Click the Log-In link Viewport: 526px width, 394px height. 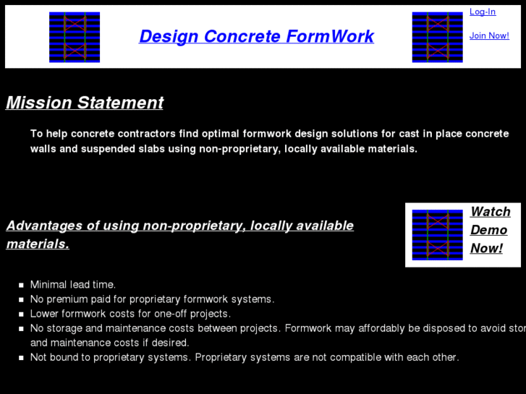point(482,12)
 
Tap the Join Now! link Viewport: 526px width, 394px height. point(489,35)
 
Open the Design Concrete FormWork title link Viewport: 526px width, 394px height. point(256,36)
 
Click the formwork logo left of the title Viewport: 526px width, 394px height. point(75,37)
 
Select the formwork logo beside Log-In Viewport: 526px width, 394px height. point(437,37)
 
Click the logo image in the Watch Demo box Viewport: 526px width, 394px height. point(437,235)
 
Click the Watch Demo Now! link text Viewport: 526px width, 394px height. point(490,230)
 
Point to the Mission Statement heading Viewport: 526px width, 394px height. point(85,103)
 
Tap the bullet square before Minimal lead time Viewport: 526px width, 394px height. point(22,286)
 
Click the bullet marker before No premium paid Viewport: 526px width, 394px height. point(22,300)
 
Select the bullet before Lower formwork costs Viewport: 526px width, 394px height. point(22,314)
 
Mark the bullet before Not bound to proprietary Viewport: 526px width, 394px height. point(22,358)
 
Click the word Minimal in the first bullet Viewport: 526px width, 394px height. point(48,285)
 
